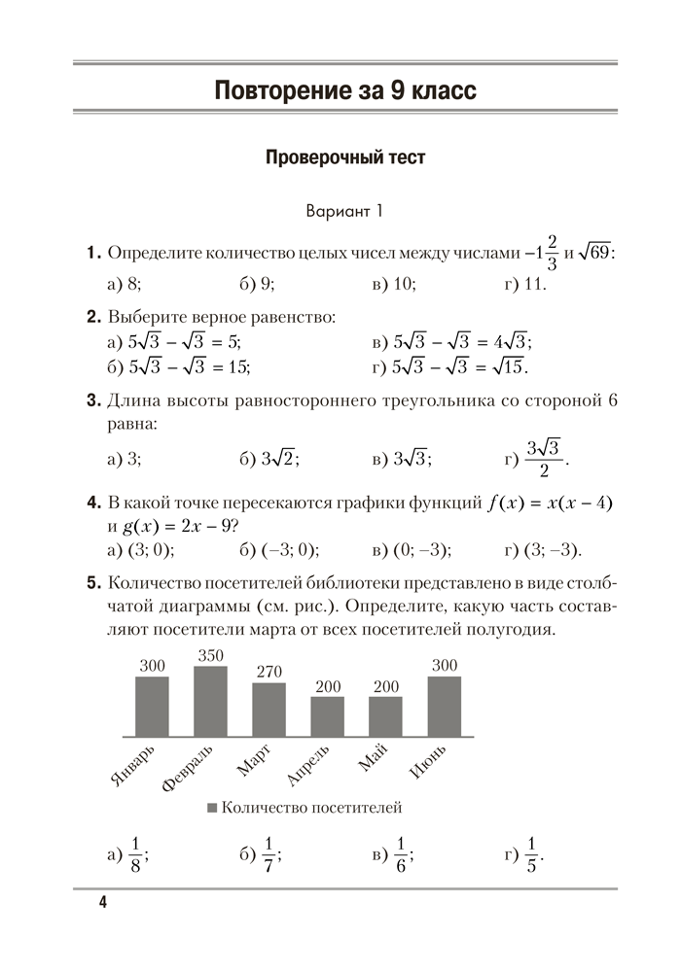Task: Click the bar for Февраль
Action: point(210,701)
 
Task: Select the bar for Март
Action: point(269,710)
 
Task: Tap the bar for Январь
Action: point(152,706)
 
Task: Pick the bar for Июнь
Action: point(444,706)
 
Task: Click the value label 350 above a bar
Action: point(210,655)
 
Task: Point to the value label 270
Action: point(269,672)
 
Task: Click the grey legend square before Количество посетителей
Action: point(212,808)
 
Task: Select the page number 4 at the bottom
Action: point(102,903)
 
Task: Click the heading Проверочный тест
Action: point(345,157)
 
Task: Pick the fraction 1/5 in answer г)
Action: point(531,855)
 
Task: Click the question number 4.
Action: point(93,503)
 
